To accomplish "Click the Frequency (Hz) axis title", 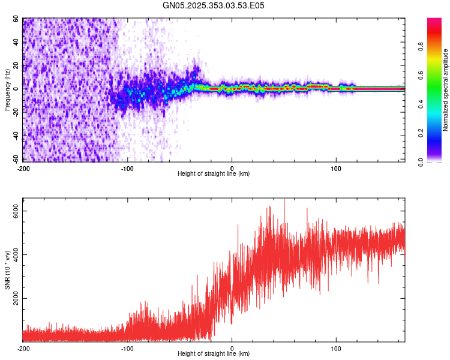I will point(8,89).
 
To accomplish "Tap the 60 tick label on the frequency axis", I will point(15,19).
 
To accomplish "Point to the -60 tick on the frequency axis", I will point(15,159).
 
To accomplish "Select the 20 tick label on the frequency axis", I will point(15,65).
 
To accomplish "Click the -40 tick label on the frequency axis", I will point(15,136).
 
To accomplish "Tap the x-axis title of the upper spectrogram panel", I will point(214,174).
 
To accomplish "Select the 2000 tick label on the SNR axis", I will point(15,299).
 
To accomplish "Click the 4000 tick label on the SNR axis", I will point(15,255).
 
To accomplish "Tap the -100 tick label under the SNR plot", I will point(127,348).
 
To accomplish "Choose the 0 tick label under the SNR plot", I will point(232,348).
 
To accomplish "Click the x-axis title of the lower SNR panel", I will point(214,354).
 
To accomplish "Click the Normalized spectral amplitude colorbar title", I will point(446,89).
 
